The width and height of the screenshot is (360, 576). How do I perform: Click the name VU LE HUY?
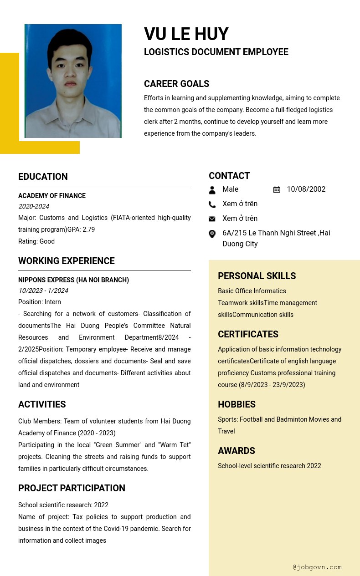click(186, 34)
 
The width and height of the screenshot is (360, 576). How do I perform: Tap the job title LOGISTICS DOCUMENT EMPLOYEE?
click(216, 52)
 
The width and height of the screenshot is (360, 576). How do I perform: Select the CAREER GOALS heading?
click(176, 84)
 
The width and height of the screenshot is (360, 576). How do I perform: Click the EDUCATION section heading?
click(43, 177)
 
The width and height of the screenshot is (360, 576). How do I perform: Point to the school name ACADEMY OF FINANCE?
click(52, 196)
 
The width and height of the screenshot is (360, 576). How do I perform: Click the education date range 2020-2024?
click(34, 206)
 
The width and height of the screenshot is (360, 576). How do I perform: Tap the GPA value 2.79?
click(88, 229)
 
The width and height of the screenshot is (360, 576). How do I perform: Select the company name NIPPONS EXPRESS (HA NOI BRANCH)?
click(73, 280)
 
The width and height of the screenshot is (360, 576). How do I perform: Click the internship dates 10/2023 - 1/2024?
click(43, 291)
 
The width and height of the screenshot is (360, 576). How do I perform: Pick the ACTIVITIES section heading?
click(42, 404)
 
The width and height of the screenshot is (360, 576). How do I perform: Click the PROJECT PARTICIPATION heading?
click(72, 488)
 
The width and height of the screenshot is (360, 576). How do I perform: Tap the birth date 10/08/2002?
click(306, 189)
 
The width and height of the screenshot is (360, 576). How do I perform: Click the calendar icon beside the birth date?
click(277, 189)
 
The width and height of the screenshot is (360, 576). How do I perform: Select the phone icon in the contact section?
click(212, 204)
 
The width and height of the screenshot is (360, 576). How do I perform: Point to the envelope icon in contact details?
click(212, 219)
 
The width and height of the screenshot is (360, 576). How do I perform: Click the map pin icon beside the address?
click(212, 234)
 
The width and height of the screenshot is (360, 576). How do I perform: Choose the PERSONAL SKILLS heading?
click(257, 276)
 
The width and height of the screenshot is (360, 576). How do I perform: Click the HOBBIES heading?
click(237, 404)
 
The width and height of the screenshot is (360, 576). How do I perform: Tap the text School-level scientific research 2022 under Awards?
click(269, 466)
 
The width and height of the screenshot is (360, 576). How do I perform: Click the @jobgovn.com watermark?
click(317, 567)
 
